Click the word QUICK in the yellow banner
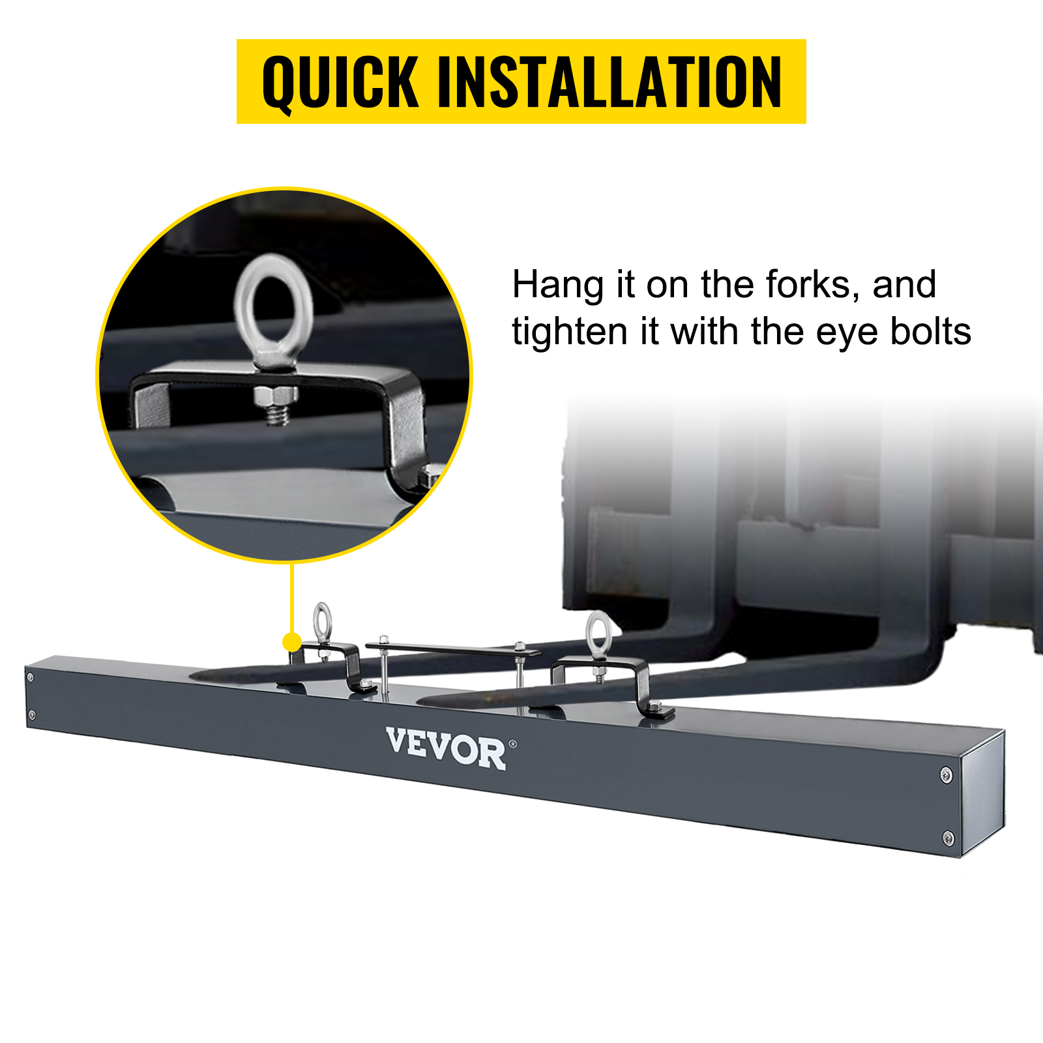tap(340, 82)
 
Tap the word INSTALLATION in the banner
tap(610, 82)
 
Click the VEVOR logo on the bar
tap(446, 749)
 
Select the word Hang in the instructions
tap(557, 286)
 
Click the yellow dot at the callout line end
tap(292, 642)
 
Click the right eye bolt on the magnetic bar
tap(598, 632)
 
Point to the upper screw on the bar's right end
tap(947, 774)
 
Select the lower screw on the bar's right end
tap(949, 838)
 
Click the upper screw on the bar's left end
tap(30, 678)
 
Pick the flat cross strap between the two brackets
tap(453, 649)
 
